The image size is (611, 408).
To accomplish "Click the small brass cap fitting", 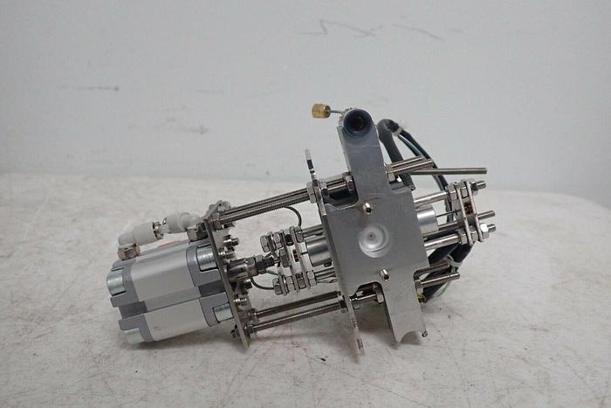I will point(320,111).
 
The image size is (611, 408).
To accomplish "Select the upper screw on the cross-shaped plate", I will point(367,207).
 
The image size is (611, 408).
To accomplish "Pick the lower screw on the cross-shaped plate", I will point(382,274).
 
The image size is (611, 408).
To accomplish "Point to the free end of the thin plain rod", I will point(483,170).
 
